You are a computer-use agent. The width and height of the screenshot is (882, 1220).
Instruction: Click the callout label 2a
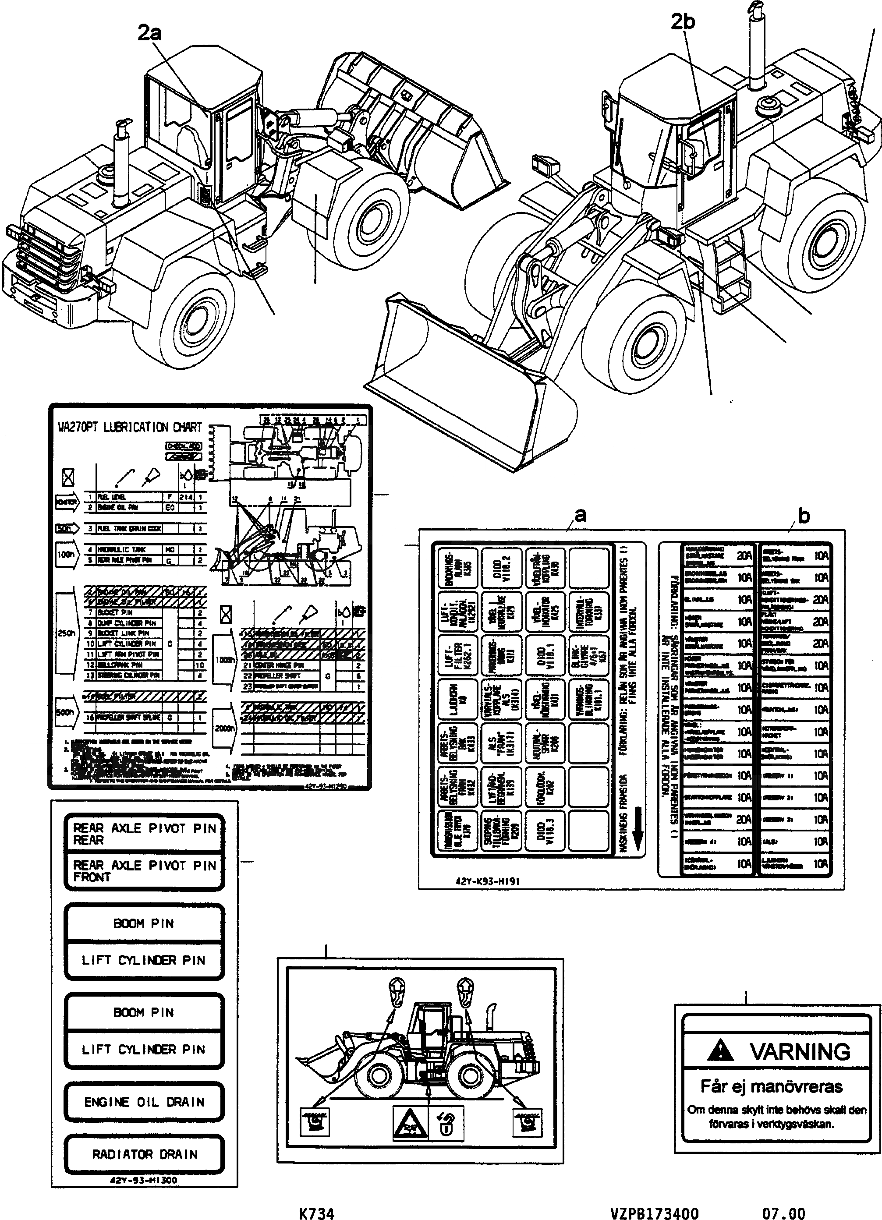point(149,33)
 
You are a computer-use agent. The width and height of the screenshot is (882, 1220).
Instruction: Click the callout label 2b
point(682,21)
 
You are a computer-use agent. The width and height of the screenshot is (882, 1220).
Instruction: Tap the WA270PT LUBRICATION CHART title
point(130,428)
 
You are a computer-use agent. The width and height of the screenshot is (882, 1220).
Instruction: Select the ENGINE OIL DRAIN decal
point(144,1102)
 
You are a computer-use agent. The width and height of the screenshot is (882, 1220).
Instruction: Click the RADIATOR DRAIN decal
point(144,1154)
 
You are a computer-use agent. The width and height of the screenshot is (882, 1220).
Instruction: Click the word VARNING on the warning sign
point(800,1052)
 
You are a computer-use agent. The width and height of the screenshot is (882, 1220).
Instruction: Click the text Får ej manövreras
point(771,1086)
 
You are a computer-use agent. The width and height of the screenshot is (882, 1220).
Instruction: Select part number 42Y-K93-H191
point(483,881)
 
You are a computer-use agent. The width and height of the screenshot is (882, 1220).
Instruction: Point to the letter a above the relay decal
point(580,515)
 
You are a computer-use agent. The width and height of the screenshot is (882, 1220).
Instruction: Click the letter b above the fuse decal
point(804,516)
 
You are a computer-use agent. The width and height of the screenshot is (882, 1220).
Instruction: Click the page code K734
point(316,1213)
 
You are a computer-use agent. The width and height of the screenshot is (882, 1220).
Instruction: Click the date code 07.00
point(783,1213)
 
